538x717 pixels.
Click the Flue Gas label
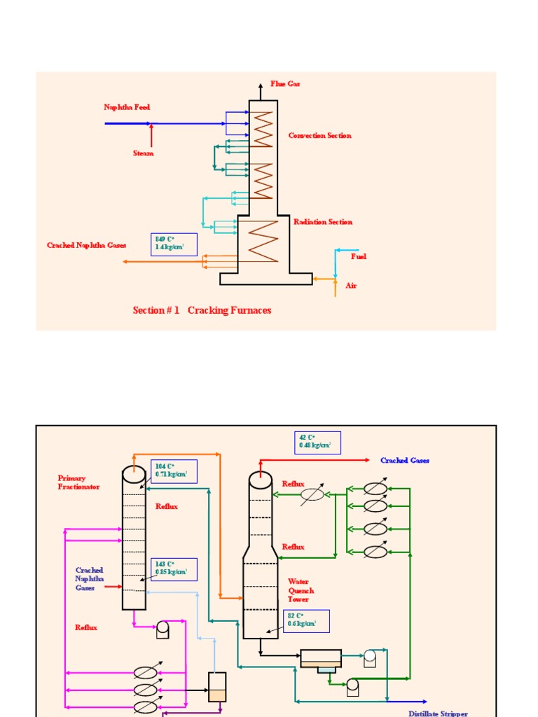(x=285, y=83)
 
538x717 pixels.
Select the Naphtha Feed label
(x=127, y=107)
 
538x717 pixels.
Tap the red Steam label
(x=143, y=153)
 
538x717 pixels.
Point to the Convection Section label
(x=319, y=135)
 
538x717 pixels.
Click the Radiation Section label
(x=322, y=221)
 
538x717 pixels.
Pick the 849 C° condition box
(x=174, y=244)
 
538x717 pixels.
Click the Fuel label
(x=359, y=256)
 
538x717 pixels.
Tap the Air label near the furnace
(x=351, y=286)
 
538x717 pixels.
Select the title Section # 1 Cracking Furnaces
(x=202, y=310)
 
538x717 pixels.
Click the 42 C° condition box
(x=317, y=443)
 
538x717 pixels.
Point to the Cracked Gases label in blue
(x=405, y=460)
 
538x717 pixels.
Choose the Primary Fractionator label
(x=78, y=482)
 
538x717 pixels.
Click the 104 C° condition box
(x=174, y=471)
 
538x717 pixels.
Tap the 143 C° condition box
(x=174, y=569)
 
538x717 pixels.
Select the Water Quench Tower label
(x=301, y=590)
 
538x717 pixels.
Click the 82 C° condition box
(x=306, y=620)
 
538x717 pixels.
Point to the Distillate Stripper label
(x=438, y=713)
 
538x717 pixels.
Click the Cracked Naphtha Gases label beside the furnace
(x=86, y=245)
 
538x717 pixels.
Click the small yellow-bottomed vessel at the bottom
(x=217, y=687)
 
